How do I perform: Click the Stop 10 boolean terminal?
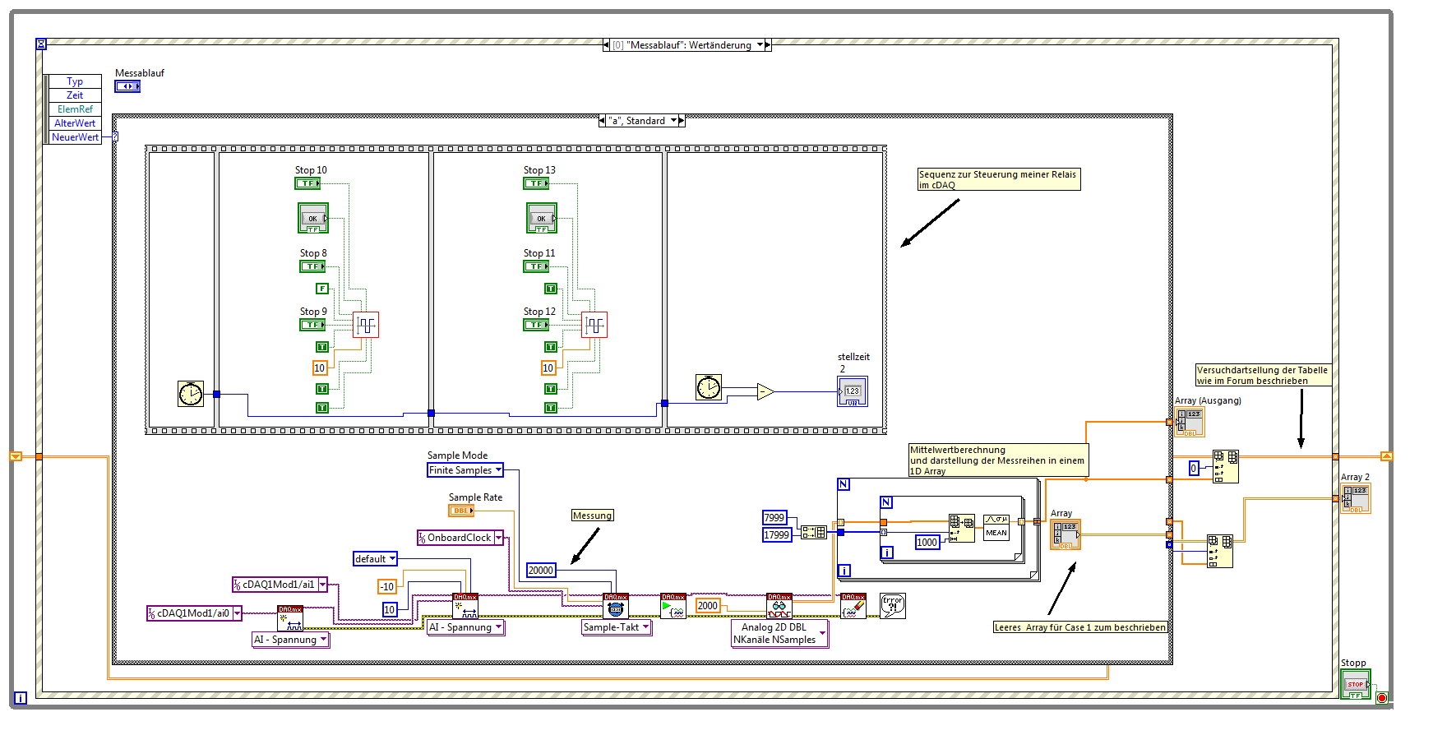click(308, 183)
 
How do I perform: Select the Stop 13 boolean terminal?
click(537, 183)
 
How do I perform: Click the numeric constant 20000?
click(541, 570)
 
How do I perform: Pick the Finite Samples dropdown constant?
click(465, 470)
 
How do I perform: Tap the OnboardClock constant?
click(460, 538)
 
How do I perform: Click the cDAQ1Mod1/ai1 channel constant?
click(280, 585)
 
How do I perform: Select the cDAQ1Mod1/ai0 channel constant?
click(194, 613)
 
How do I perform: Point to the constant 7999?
click(774, 517)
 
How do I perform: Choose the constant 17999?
click(776, 535)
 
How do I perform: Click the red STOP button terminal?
click(1355, 683)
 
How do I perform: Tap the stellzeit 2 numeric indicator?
click(853, 391)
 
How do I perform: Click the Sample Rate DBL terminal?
click(461, 511)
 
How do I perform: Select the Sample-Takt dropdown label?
click(616, 627)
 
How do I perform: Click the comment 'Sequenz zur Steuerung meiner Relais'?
click(998, 179)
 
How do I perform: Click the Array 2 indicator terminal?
click(1356, 498)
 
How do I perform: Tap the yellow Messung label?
click(592, 516)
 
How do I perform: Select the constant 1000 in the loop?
click(927, 543)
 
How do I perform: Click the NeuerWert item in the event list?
click(75, 137)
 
